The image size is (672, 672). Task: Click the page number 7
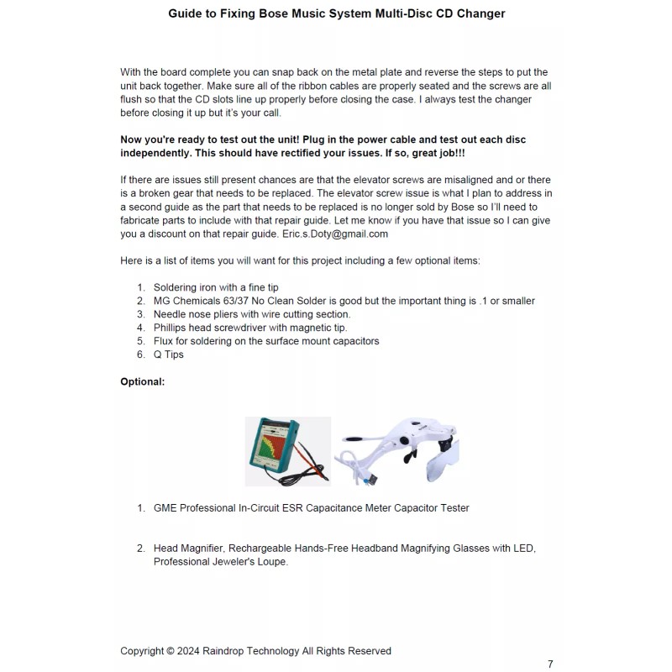(550, 664)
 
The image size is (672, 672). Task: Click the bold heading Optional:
(143, 381)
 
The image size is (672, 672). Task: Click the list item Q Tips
(168, 354)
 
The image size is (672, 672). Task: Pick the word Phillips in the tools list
(172, 328)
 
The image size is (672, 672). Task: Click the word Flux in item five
(165, 341)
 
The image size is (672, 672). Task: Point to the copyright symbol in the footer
(171, 651)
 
